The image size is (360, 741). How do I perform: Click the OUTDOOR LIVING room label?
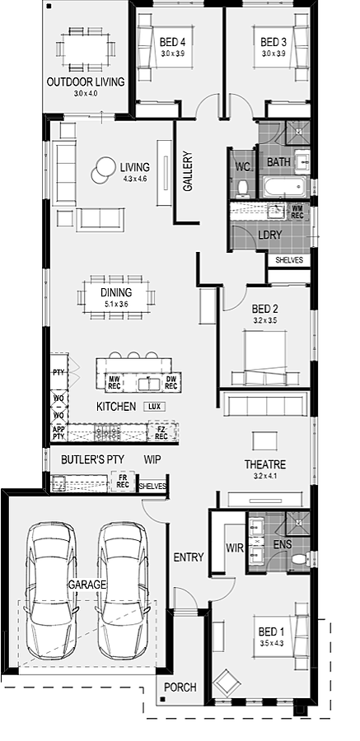click(86, 82)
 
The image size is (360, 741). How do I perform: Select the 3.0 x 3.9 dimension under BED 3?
click(274, 54)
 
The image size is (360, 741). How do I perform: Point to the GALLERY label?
click(188, 171)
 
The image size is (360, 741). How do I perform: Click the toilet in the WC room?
click(243, 189)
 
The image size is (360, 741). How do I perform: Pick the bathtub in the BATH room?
click(283, 187)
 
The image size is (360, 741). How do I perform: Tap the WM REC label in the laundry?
click(297, 212)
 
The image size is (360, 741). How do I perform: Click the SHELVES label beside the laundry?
click(289, 260)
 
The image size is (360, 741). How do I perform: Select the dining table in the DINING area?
click(116, 296)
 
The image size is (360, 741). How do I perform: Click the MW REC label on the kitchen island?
click(115, 383)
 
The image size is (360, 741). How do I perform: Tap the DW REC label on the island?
click(171, 383)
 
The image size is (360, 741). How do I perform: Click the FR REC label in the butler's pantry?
click(123, 481)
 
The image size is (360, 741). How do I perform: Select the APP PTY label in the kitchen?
click(58, 433)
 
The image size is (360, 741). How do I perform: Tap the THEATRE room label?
click(265, 464)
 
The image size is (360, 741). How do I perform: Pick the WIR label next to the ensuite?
click(235, 548)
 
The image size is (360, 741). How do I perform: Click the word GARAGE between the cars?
click(87, 585)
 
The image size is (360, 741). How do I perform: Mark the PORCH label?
click(180, 687)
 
